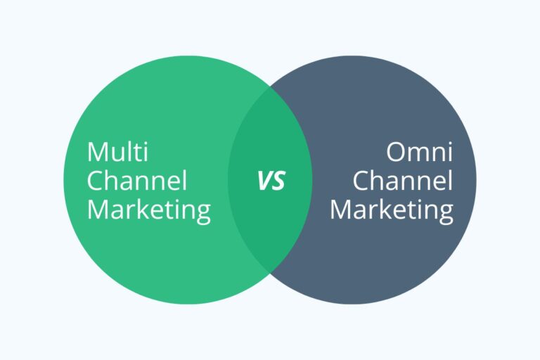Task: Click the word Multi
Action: [x=118, y=152]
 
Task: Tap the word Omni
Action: [x=420, y=152]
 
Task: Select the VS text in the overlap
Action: [x=271, y=181]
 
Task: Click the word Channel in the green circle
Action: [x=137, y=180]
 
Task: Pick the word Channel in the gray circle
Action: [x=403, y=180]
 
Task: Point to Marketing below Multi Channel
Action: [x=149, y=211]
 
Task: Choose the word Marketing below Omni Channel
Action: [x=392, y=211]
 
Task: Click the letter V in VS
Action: [x=265, y=181]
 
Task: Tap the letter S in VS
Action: [x=279, y=181]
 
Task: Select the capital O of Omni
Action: [x=396, y=152]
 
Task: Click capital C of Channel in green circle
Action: [x=95, y=180]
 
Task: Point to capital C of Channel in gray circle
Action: [x=361, y=180]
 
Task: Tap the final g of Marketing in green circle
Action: [x=204, y=214]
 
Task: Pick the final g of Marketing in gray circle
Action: [x=446, y=214]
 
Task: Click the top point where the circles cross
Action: [x=270, y=86]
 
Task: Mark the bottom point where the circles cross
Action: [x=270, y=273]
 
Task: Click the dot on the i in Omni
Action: [x=451, y=143]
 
